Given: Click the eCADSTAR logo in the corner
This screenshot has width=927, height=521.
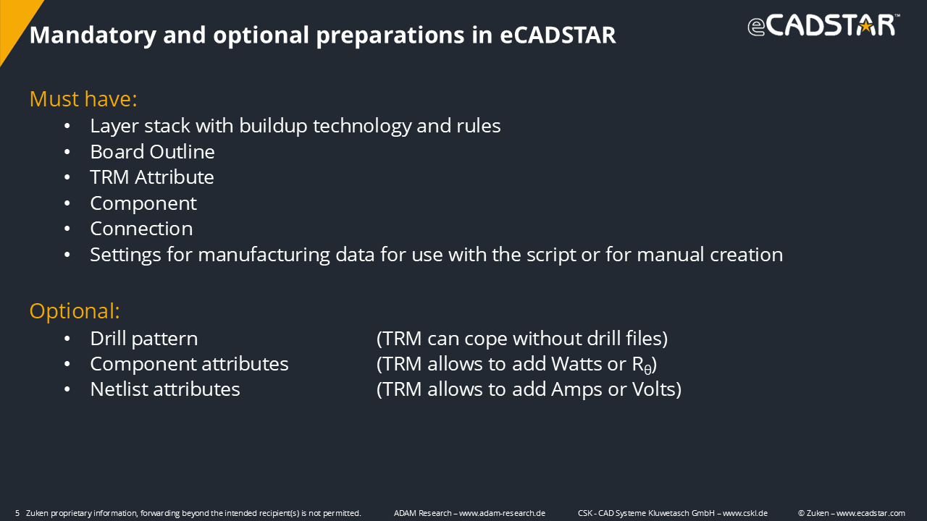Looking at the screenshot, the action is click(823, 25).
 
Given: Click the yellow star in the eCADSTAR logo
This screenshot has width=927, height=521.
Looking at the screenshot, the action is click(865, 27).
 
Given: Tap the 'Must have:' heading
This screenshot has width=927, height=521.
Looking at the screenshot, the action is click(83, 99).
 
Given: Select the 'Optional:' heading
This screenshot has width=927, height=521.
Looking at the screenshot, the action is click(75, 311).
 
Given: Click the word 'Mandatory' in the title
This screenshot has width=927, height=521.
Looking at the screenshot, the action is click(93, 35).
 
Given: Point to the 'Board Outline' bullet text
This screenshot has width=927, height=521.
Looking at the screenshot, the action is click(152, 152).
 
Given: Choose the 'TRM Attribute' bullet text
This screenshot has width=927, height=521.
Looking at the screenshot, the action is click(152, 177).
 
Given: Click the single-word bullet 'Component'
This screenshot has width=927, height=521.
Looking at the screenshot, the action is click(143, 204).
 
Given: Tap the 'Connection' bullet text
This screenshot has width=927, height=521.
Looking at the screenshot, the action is click(141, 229).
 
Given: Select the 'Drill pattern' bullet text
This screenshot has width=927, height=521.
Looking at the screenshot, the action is click(144, 339).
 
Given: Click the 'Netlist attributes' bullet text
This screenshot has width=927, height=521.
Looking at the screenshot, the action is click(165, 389).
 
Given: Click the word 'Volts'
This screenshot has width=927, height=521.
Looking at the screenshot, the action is click(656, 389).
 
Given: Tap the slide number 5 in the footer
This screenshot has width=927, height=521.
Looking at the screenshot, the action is click(17, 513).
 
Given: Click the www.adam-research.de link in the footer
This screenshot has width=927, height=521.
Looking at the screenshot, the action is click(502, 513).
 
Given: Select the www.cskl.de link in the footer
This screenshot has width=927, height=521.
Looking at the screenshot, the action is click(745, 513).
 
